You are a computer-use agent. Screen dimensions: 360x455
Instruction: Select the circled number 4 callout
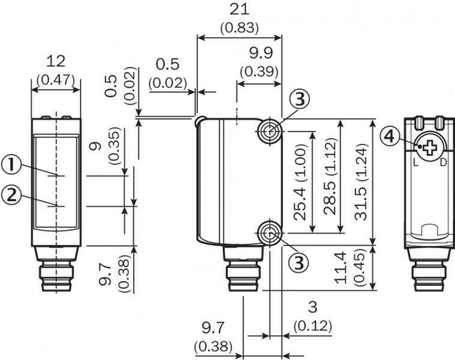pos(390,137)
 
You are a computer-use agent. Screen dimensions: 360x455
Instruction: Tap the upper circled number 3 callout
pos(300,98)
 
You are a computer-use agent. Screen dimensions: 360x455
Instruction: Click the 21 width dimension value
pos(238,10)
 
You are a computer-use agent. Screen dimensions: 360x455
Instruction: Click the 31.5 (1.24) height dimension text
pos(364,182)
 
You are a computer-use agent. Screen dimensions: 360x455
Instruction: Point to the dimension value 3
pos(312,307)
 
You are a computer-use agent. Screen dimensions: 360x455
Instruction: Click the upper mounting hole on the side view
pos(270,131)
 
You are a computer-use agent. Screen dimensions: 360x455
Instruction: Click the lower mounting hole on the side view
pos(270,232)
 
